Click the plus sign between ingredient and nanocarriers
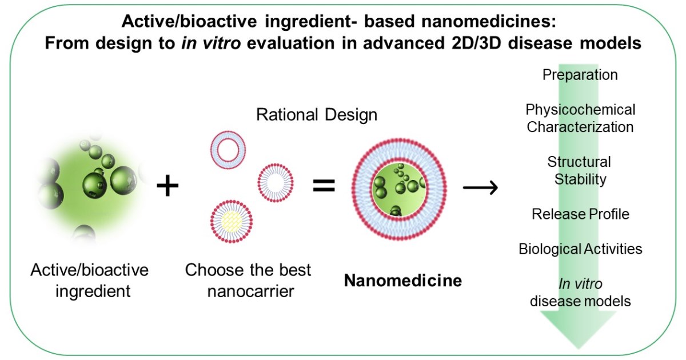click(x=167, y=187)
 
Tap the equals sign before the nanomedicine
click(x=324, y=187)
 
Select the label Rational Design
click(x=316, y=115)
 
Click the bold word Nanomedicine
click(x=404, y=281)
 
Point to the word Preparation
click(x=580, y=75)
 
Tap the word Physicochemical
click(x=580, y=109)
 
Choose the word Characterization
click(x=580, y=127)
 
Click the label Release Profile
click(x=580, y=214)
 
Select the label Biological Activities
click(x=580, y=249)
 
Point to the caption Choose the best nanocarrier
click(x=248, y=280)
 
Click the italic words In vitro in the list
click(x=580, y=284)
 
